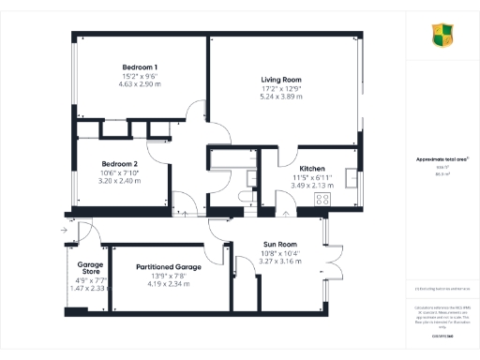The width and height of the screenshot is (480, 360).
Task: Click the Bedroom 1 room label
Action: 139,67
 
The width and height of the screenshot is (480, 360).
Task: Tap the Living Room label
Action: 282,81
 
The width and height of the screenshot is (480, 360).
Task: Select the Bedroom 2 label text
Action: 119,162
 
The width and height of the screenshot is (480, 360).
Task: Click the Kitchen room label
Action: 310,168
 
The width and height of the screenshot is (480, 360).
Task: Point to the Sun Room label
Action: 278,244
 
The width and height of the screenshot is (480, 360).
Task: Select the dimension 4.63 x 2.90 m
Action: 139,84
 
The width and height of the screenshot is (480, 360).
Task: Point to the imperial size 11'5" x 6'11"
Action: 310,177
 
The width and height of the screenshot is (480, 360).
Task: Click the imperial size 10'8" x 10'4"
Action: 278,253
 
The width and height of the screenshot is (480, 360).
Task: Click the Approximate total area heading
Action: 442,159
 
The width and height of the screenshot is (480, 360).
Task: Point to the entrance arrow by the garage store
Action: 62,229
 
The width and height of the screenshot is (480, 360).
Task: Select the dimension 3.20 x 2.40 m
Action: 119,180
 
